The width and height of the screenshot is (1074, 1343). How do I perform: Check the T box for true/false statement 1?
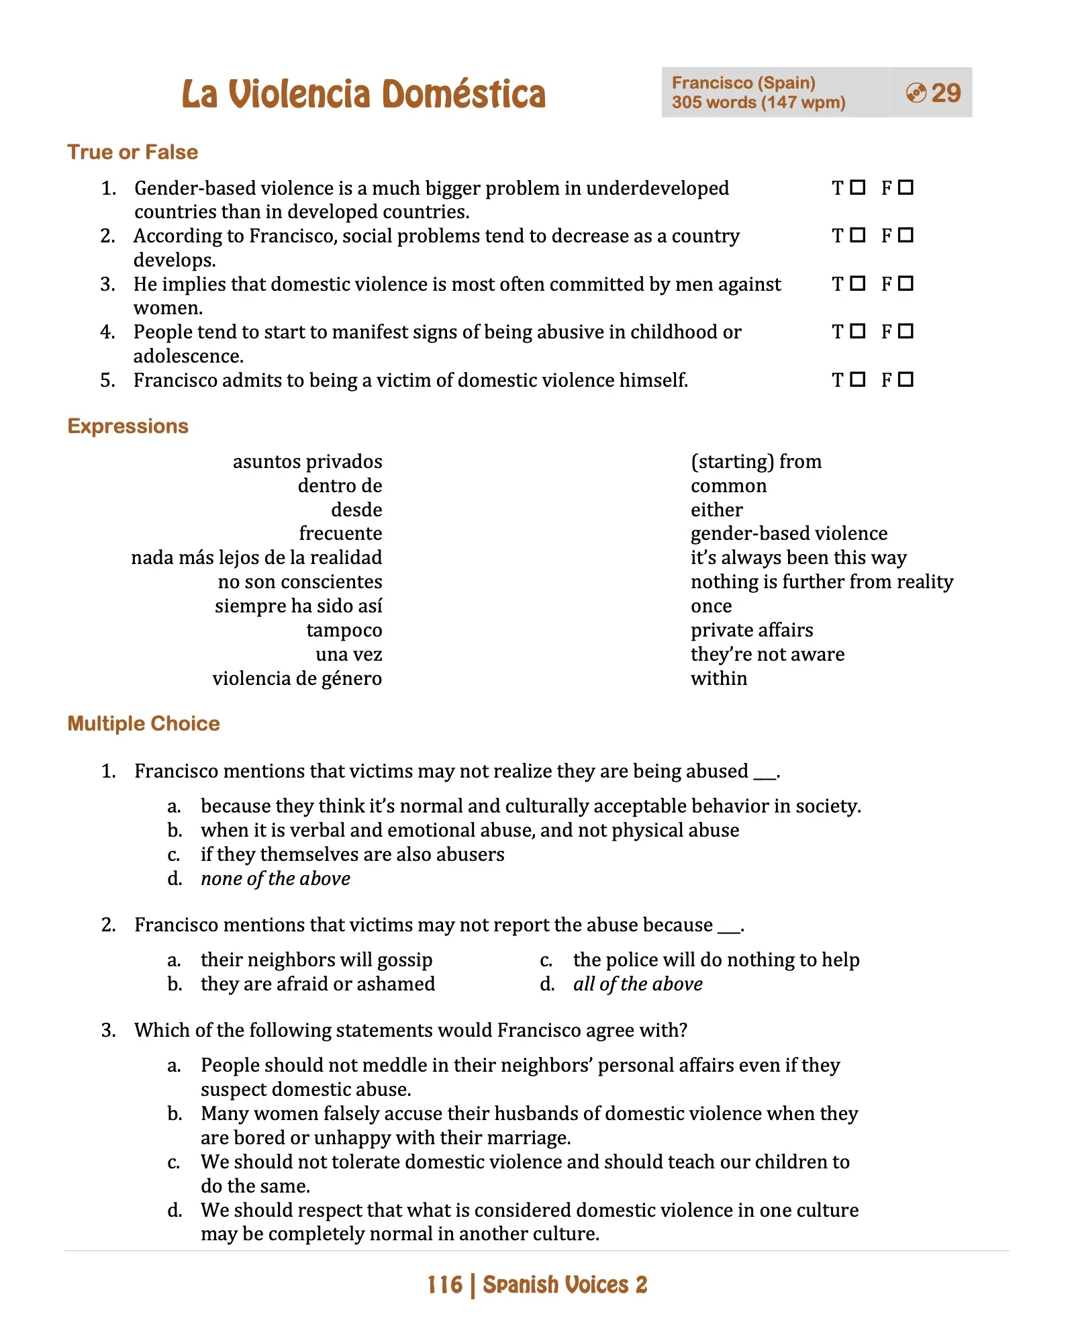(x=857, y=187)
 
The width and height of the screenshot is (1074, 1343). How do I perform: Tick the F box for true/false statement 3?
(x=906, y=283)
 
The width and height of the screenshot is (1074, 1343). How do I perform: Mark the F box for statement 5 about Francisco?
(x=906, y=379)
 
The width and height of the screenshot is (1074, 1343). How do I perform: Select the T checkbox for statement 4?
(x=857, y=331)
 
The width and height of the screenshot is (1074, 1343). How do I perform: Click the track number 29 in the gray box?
(x=946, y=93)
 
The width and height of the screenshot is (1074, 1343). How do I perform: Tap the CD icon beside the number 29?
(x=916, y=93)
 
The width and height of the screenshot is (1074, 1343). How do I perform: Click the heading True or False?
(x=132, y=152)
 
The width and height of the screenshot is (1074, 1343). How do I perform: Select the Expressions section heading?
(x=128, y=426)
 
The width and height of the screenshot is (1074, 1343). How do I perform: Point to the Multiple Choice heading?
(x=144, y=723)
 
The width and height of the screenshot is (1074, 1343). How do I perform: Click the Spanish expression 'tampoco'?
(x=344, y=630)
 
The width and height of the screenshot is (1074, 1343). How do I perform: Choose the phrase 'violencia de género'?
(x=297, y=678)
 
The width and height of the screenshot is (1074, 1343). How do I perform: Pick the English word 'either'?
(x=716, y=510)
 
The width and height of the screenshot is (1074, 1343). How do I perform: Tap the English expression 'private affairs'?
(x=751, y=630)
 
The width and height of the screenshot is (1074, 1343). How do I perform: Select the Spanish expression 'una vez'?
(x=348, y=654)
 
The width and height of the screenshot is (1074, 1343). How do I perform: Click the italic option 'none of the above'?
(x=275, y=878)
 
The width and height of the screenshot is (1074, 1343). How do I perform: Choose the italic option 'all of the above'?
(x=637, y=984)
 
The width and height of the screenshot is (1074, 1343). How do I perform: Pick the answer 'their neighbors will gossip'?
(x=316, y=960)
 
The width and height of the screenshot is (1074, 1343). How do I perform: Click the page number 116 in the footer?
(x=445, y=1285)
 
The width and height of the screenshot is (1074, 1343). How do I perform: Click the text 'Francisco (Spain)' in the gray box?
(x=743, y=83)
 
